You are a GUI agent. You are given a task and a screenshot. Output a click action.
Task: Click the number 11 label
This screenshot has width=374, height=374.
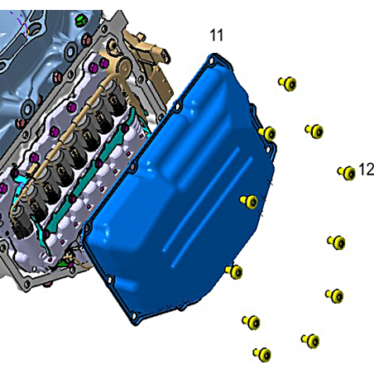[x=217, y=36]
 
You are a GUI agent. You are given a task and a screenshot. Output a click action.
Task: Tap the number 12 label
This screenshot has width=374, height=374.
[x=367, y=170]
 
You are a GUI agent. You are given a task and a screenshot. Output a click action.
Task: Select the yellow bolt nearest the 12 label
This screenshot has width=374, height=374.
[x=347, y=173]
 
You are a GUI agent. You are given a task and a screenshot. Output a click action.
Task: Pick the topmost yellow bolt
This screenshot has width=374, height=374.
[x=288, y=84]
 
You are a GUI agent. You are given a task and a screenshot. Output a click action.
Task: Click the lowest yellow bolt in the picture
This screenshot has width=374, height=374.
[x=262, y=354]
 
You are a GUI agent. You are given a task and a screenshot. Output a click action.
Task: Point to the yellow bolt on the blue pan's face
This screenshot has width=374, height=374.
[x=249, y=202]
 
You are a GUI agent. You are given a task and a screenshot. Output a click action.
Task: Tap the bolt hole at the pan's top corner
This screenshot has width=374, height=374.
[x=212, y=61]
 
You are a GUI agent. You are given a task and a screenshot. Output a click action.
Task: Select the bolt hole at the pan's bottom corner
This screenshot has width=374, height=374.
[x=134, y=315]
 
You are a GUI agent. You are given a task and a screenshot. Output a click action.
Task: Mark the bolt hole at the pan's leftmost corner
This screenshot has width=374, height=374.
[x=87, y=228]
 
